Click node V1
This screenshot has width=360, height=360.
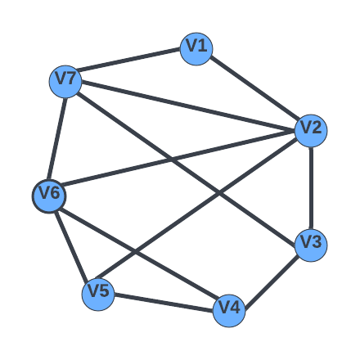[x=196, y=49]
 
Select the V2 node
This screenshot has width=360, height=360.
[x=311, y=131]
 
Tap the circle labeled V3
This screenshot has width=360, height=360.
[x=311, y=245]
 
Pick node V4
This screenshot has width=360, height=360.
[x=229, y=311]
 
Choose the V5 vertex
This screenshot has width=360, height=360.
[x=98, y=295]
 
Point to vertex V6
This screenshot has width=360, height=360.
[x=49, y=196]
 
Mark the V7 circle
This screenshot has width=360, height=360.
[x=65, y=82]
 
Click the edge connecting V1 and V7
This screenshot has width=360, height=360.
[x=130, y=60]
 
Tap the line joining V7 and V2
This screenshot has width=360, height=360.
[x=188, y=106]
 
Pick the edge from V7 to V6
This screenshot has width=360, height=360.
[x=57, y=139]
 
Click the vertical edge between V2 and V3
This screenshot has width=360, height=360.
[x=311, y=188]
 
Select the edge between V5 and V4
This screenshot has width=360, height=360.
[x=164, y=303]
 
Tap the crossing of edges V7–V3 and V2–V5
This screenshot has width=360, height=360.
[x=219, y=193]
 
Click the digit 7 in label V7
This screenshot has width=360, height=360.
[x=70, y=79]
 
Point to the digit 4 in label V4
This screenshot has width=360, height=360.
[x=235, y=308]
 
